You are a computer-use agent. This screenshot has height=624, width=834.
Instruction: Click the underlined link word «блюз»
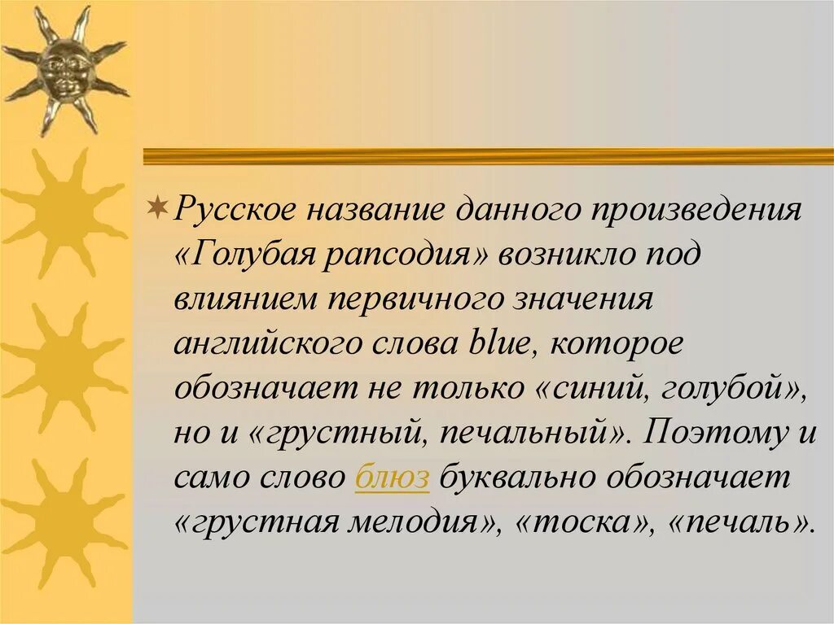[x=392, y=478]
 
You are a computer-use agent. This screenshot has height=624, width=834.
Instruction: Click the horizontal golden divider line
[x=488, y=156]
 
